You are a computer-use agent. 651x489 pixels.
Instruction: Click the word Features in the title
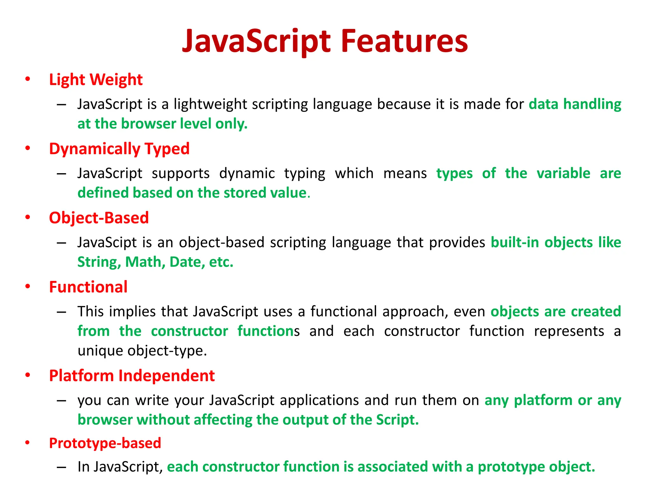(404, 41)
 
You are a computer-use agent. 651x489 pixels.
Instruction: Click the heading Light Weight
(96, 80)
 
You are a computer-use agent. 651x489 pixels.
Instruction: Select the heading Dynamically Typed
(119, 149)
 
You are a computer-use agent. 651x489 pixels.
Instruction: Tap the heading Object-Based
(99, 218)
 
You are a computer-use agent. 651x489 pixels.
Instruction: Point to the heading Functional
(88, 287)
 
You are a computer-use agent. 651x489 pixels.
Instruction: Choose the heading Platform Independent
(132, 376)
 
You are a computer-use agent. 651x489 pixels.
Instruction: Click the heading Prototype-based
(105, 443)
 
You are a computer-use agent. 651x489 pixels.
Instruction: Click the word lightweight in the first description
(210, 104)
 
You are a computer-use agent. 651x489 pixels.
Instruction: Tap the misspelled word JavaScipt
(107, 243)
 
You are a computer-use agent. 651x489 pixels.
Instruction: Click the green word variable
(563, 174)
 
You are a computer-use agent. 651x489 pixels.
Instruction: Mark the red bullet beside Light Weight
(28, 79)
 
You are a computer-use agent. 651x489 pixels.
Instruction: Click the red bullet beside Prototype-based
(28, 443)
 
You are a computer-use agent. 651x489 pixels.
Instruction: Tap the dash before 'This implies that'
(61, 312)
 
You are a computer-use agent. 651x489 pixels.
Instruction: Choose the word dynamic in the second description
(247, 174)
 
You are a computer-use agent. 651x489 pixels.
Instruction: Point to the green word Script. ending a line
(397, 420)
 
